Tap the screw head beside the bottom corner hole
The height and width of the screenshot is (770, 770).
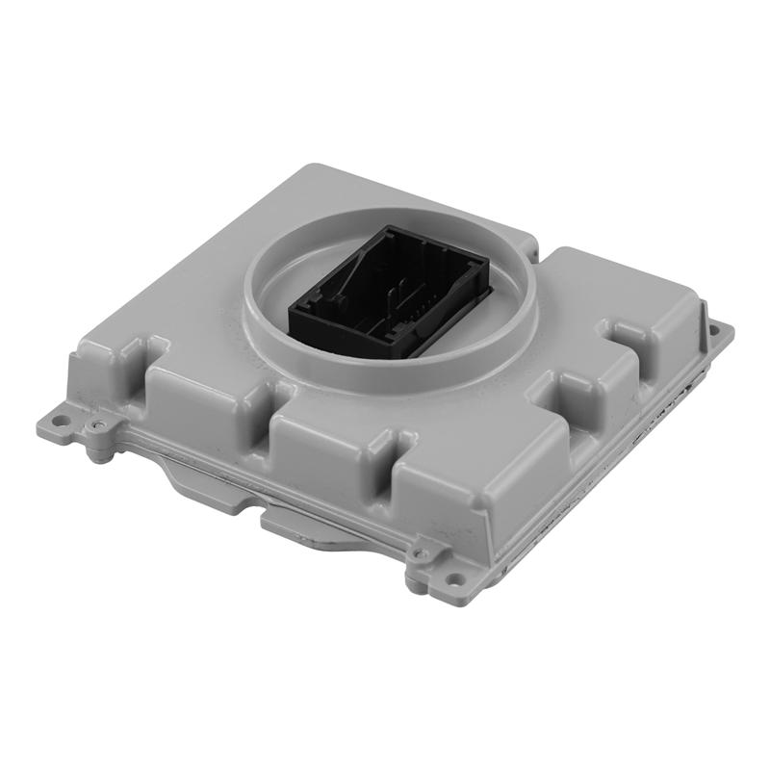point(417,554)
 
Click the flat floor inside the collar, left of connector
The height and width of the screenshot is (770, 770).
point(274,289)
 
